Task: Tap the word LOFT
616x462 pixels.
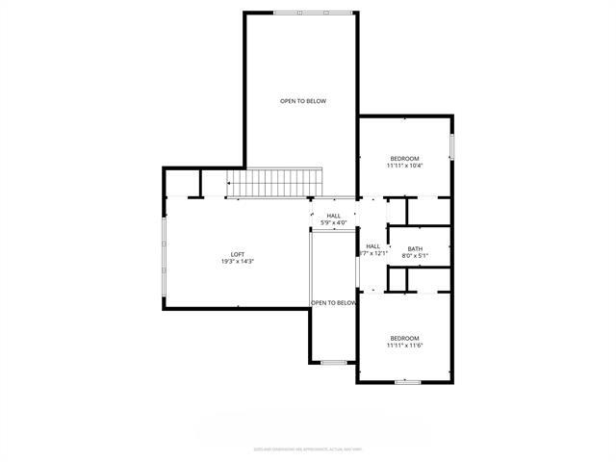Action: pyautogui.click(x=237, y=254)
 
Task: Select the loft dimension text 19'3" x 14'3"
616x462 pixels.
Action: pyautogui.click(x=237, y=262)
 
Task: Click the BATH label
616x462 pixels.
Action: pyautogui.click(x=415, y=248)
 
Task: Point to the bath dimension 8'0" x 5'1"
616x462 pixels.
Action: pyautogui.click(x=415, y=256)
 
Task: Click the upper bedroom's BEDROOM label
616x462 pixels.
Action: pyautogui.click(x=404, y=158)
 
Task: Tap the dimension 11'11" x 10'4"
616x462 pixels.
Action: pyautogui.click(x=404, y=166)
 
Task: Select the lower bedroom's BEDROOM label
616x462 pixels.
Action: pyautogui.click(x=404, y=338)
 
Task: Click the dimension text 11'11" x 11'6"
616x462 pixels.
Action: pyautogui.click(x=404, y=346)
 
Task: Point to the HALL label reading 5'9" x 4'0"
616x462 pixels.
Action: pyautogui.click(x=334, y=216)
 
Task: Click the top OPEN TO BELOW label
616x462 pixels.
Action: pyautogui.click(x=302, y=101)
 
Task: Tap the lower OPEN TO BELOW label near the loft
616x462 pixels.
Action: pyautogui.click(x=334, y=302)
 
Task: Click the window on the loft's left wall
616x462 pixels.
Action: pyautogui.click(x=164, y=252)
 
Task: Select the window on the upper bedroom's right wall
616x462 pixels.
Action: pyautogui.click(x=451, y=146)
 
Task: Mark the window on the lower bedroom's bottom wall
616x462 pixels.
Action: pyautogui.click(x=407, y=382)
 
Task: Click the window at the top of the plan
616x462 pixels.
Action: pyautogui.click(x=301, y=13)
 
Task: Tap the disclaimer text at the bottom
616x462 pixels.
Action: pyautogui.click(x=308, y=448)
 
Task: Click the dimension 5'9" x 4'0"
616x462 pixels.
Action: pyautogui.click(x=334, y=223)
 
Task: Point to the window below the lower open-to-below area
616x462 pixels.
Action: pyautogui.click(x=334, y=363)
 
